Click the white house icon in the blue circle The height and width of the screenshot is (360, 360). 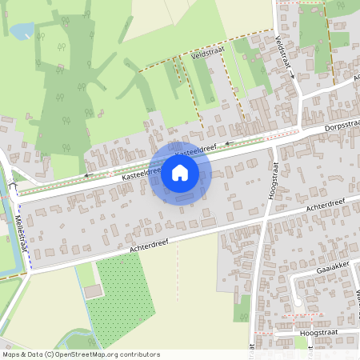(x=180, y=172)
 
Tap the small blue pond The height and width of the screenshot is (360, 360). (x=22, y=31)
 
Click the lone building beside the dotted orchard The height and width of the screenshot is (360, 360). (x=94, y=290)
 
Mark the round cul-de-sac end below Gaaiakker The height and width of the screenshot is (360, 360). (x=297, y=302)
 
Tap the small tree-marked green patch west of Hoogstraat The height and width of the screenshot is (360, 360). (x=242, y=308)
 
